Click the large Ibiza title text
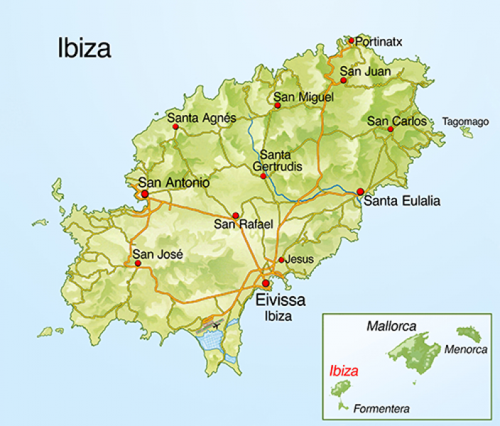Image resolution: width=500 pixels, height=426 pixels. pyautogui.click(x=85, y=48)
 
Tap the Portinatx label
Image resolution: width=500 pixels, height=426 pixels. pyautogui.click(x=379, y=42)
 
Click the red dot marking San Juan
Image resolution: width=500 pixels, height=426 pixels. pyautogui.click(x=343, y=80)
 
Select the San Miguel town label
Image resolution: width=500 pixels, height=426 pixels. pyautogui.click(x=294, y=97)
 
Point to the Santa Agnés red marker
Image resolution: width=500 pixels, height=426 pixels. pyautogui.click(x=175, y=127)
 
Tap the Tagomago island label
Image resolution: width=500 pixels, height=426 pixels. pyautogui.click(x=465, y=121)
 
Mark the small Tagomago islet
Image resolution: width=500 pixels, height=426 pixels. pyautogui.click(x=466, y=131)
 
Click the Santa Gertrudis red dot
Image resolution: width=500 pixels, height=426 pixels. pyautogui.click(x=263, y=176)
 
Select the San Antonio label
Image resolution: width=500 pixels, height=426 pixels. pyautogui.click(x=174, y=182)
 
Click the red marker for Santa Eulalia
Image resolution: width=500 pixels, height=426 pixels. pyautogui.click(x=360, y=192)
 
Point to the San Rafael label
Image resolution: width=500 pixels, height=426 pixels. pyautogui.click(x=244, y=224)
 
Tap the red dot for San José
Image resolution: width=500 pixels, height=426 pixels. pyautogui.click(x=138, y=263)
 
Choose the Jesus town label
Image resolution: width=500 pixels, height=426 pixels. pyautogui.click(x=299, y=259)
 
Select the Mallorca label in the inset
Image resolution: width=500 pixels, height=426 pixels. pyautogui.click(x=391, y=327)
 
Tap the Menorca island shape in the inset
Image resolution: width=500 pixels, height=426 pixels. pyautogui.click(x=469, y=333)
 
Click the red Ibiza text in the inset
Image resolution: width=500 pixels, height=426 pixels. pyautogui.click(x=344, y=371)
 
